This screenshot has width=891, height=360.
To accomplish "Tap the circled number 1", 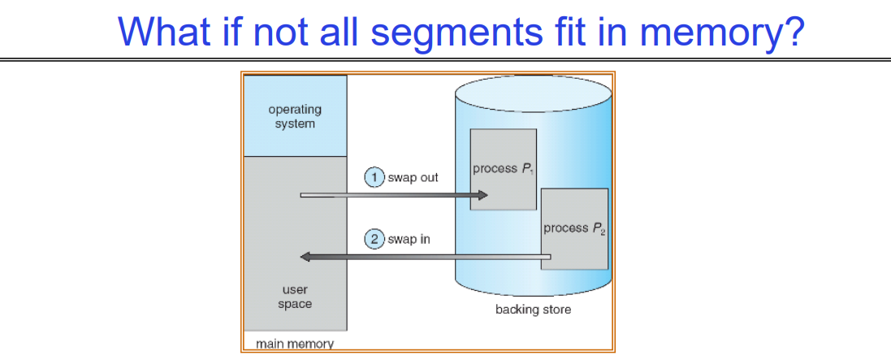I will coord(374,177).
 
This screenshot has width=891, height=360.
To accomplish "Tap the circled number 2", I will coord(374,240).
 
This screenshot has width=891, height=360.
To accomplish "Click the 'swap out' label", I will coord(413,177).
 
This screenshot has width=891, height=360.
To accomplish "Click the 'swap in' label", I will coord(409,240).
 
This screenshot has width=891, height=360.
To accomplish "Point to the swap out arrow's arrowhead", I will coord(484,195).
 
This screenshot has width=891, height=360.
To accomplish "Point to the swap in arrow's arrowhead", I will coord(305,257).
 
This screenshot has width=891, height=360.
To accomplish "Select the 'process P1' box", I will coord(504,169).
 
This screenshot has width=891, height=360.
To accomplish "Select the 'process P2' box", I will coord(575,228).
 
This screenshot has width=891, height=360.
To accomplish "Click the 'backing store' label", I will coord(533,310).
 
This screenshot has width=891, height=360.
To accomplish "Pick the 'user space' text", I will coord(295,297).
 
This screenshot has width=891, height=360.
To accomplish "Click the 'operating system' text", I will coord(295,116).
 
